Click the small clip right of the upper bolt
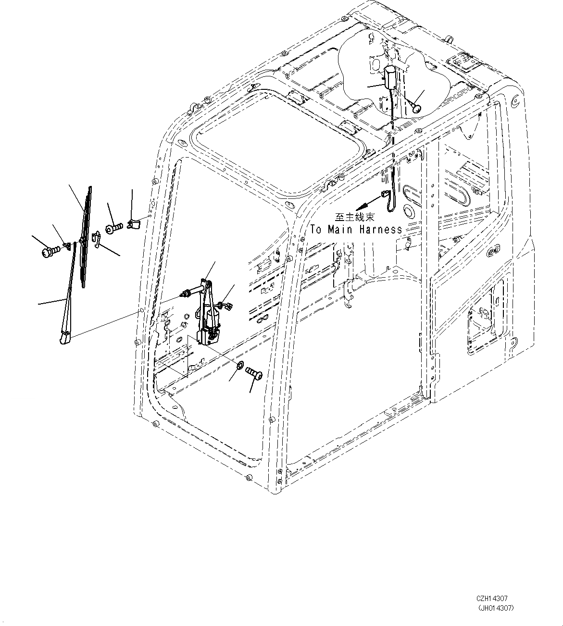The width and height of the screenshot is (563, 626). pyautogui.click(x=134, y=223)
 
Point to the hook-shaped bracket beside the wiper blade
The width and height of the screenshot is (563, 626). pyautogui.click(x=97, y=239)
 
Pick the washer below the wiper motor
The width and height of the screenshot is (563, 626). pyautogui.click(x=239, y=367)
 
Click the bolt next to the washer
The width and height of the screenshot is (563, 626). pyautogui.click(x=252, y=372)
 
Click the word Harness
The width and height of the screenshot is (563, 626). pyautogui.click(x=380, y=230)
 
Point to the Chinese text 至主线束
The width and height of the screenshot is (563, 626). pyautogui.click(x=354, y=217)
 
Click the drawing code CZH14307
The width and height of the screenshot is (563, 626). pyautogui.click(x=492, y=599)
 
